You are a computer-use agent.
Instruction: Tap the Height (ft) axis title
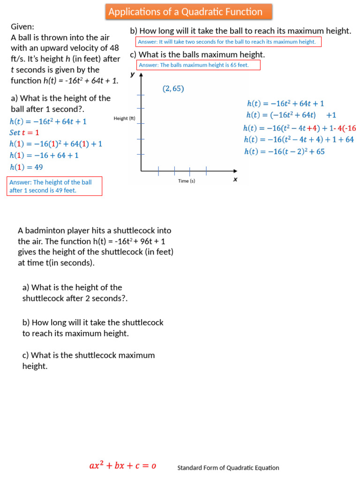(124, 119)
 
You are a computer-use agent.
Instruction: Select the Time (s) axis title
(187, 181)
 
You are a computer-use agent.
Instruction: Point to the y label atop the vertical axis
(133, 75)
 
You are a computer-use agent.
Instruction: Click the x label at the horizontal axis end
(235, 179)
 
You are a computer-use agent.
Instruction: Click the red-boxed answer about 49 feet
(54, 186)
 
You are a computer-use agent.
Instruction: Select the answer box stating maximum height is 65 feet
(198, 65)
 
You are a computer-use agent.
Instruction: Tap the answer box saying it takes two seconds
(228, 42)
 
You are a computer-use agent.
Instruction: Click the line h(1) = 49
(26, 166)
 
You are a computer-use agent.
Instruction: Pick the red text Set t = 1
(24, 133)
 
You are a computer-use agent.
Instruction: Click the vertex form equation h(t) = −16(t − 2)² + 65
(285, 151)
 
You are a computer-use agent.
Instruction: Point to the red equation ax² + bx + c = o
(123, 466)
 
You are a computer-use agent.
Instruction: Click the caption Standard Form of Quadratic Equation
(228, 468)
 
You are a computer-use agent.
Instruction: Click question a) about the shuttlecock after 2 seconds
(75, 293)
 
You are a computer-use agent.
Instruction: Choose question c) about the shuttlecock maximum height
(88, 360)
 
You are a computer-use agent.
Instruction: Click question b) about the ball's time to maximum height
(240, 31)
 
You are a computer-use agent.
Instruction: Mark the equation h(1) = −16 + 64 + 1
(44, 155)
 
